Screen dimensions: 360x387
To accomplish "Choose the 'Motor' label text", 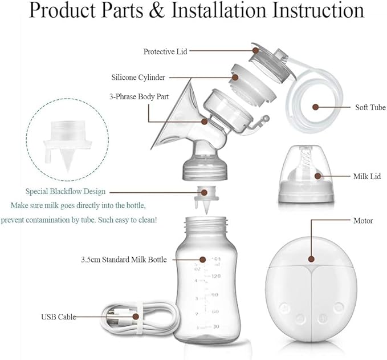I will click(362, 220).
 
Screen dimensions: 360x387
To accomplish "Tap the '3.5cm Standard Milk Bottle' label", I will click(124, 260).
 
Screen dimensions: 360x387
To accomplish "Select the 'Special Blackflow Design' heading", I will click(66, 192).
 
